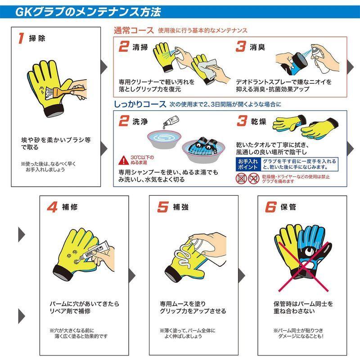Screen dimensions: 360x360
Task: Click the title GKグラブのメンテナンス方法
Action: (x=88, y=10)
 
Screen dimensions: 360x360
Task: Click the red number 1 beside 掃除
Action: (x=21, y=38)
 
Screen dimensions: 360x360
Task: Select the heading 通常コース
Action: (x=133, y=31)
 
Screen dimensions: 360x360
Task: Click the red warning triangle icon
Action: (x=123, y=160)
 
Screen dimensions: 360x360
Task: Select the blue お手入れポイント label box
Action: (x=248, y=164)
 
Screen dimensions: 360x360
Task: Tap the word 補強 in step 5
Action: (x=181, y=208)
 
